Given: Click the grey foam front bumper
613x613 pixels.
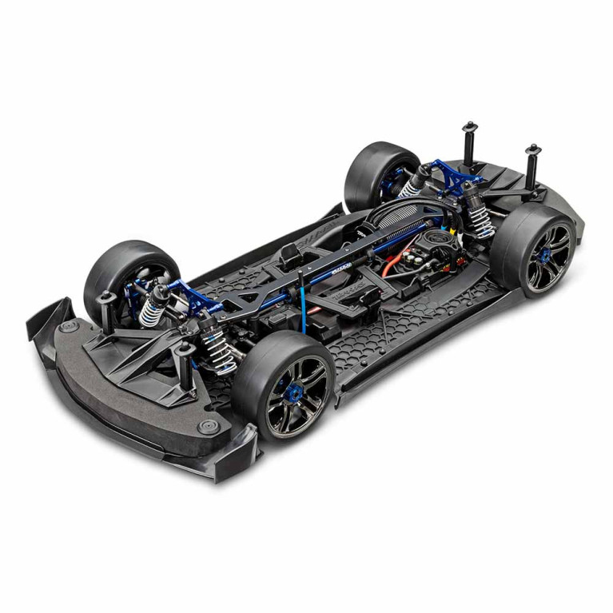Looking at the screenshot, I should click(120, 384).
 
